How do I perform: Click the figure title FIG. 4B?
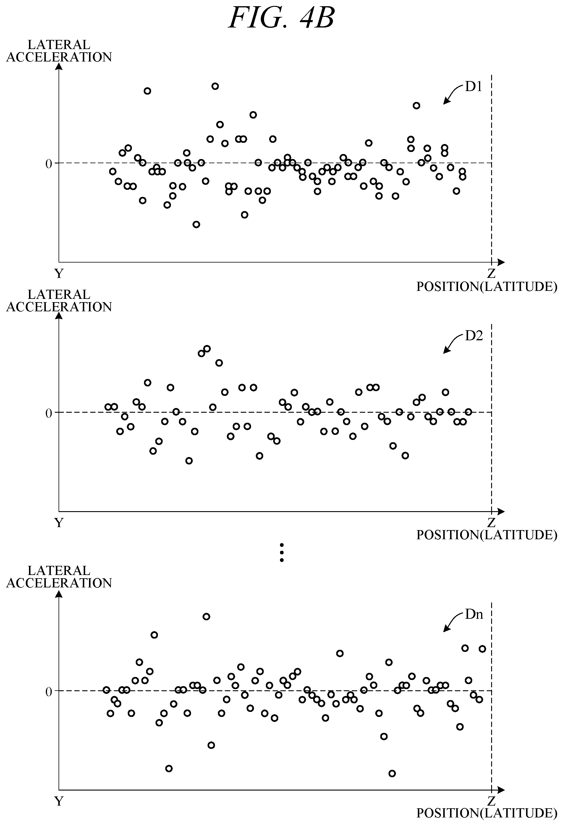[x=281, y=18]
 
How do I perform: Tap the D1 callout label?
[x=473, y=86]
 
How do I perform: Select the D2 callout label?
[x=474, y=336]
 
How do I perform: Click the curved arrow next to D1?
[x=452, y=93]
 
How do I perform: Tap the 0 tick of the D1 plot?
[x=49, y=164]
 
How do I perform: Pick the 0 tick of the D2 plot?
[x=49, y=413]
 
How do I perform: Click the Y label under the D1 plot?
[x=59, y=273]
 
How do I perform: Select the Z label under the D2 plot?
[x=491, y=522]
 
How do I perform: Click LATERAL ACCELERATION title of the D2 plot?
[x=59, y=301]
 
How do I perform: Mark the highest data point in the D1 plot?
[x=215, y=86]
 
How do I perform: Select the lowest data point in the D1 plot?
[x=196, y=224]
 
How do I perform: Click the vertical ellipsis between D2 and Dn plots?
[x=281, y=553]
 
